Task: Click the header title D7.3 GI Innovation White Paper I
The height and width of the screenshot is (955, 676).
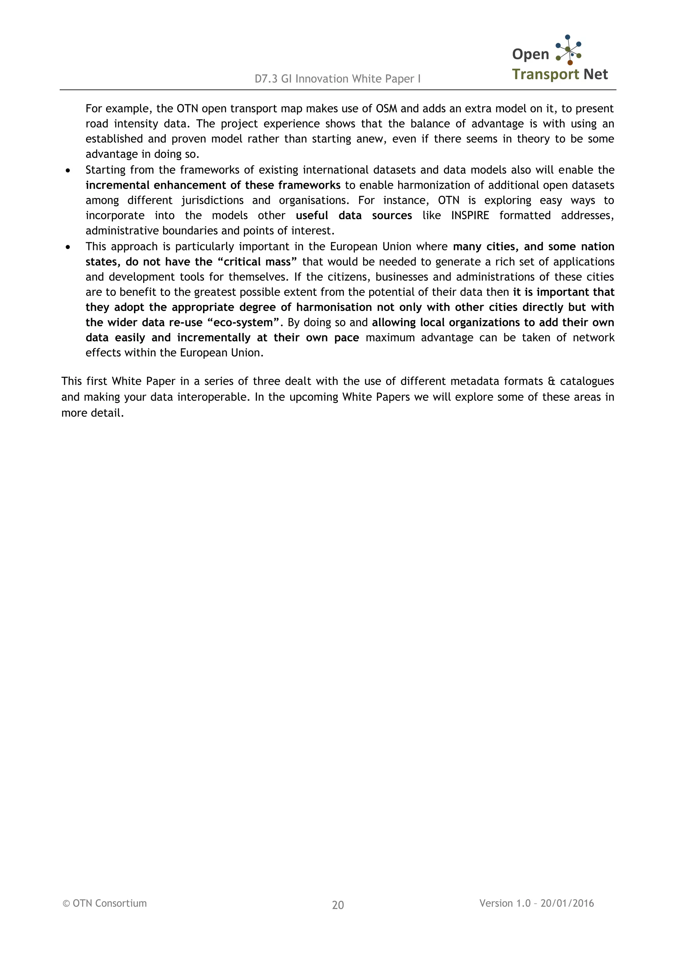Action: tap(338, 79)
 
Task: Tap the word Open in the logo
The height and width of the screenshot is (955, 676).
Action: tap(530, 54)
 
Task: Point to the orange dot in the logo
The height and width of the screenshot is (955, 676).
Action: tap(570, 63)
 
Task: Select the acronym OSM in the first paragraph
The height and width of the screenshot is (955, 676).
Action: tap(386, 109)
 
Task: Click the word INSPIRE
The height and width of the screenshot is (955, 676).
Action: tap(470, 215)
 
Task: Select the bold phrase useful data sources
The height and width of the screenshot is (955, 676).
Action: tap(354, 215)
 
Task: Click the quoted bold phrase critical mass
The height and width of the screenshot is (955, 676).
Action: tap(257, 262)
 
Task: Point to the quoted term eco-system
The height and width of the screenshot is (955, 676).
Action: tap(243, 322)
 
